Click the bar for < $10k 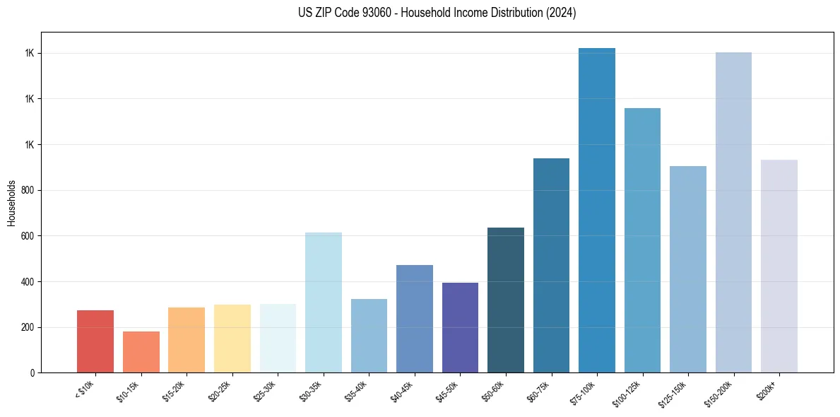point(95,341)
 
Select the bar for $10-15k point(141,352)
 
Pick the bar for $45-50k point(460,327)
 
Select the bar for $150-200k point(733,212)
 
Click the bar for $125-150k point(688,269)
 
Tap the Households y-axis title point(12,202)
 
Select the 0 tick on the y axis point(32,372)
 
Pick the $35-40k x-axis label point(357,391)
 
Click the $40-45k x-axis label point(403,391)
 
